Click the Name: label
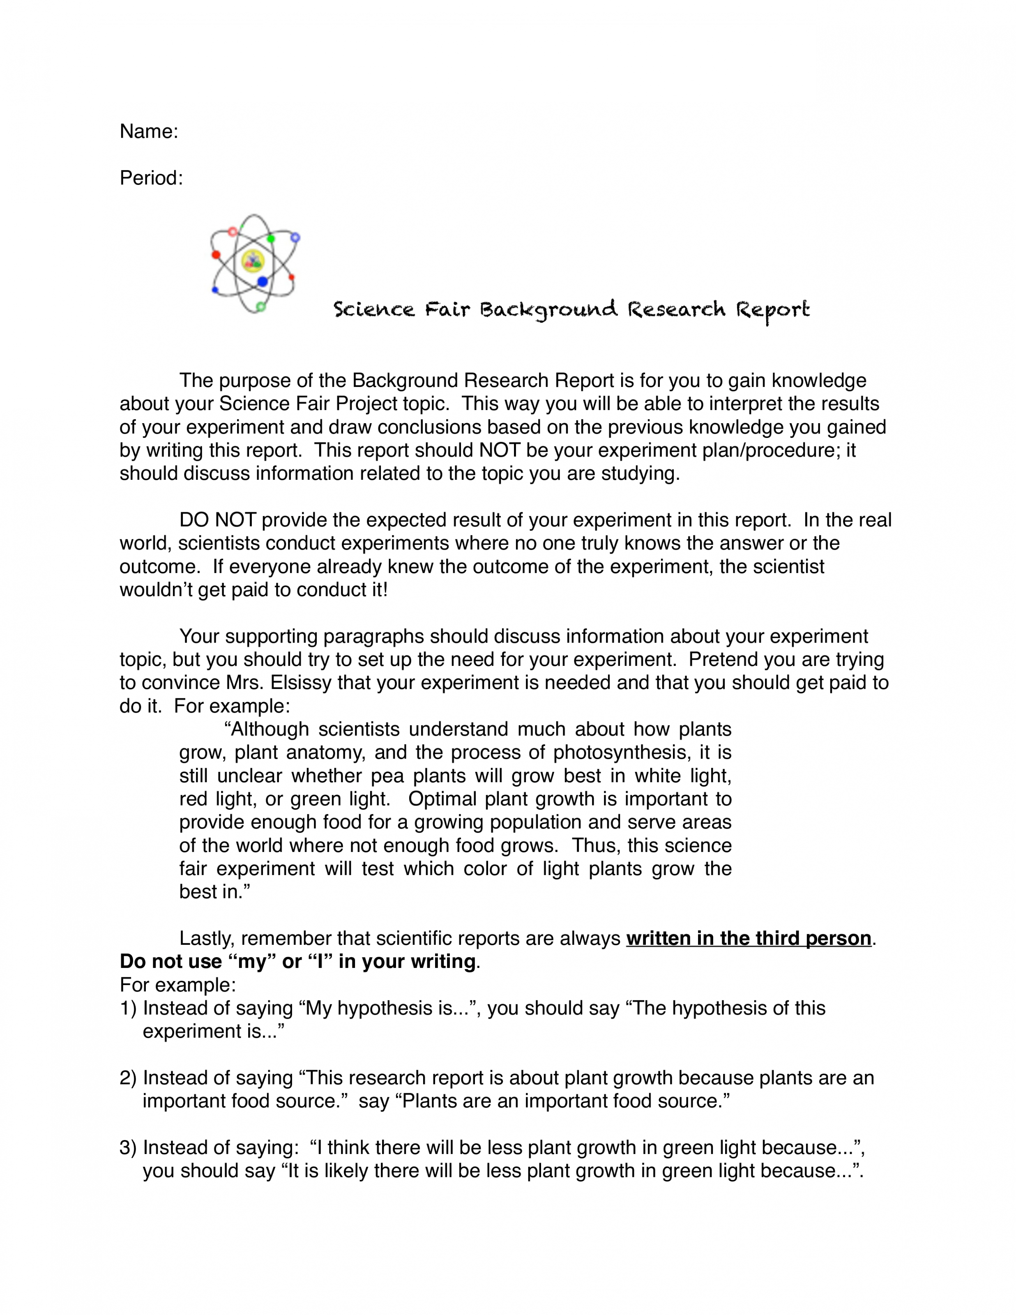[x=149, y=131]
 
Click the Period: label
[x=151, y=178]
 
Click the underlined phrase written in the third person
[x=749, y=939]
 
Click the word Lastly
[x=207, y=939]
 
